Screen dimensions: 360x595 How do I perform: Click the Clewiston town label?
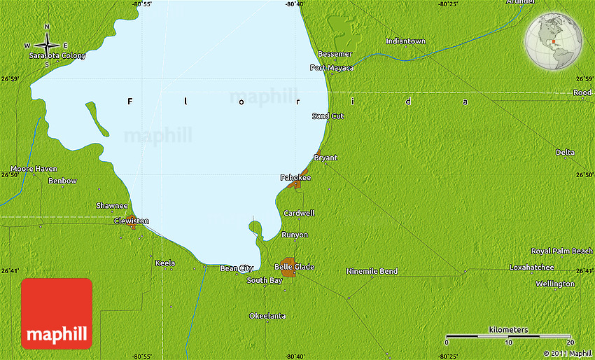click(x=131, y=221)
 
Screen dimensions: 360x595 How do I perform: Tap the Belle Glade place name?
click(x=294, y=267)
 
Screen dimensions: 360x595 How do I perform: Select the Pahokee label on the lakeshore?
click(x=295, y=178)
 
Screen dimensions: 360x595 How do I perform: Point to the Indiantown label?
click(x=405, y=41)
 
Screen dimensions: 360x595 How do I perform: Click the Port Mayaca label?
click(x=332, y=68)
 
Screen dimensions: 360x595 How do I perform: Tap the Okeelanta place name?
click(x=267, y=316)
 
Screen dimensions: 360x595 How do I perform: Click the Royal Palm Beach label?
click(x=561, y=251)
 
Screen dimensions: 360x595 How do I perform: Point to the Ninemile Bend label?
click(x=372, y=271)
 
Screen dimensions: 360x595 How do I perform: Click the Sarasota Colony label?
click(x=57, y=55)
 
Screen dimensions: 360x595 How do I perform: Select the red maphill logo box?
click(x=57, y=313)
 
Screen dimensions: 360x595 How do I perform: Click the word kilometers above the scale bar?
click(x=508, y=329)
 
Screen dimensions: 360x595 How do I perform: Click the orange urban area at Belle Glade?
click(x=287, y=267)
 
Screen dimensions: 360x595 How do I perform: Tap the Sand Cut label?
click(x=328, y=116)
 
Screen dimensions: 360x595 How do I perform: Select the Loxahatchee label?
click(x=531, y=268)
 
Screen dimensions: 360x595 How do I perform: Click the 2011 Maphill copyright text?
click(x=566, y=354)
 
